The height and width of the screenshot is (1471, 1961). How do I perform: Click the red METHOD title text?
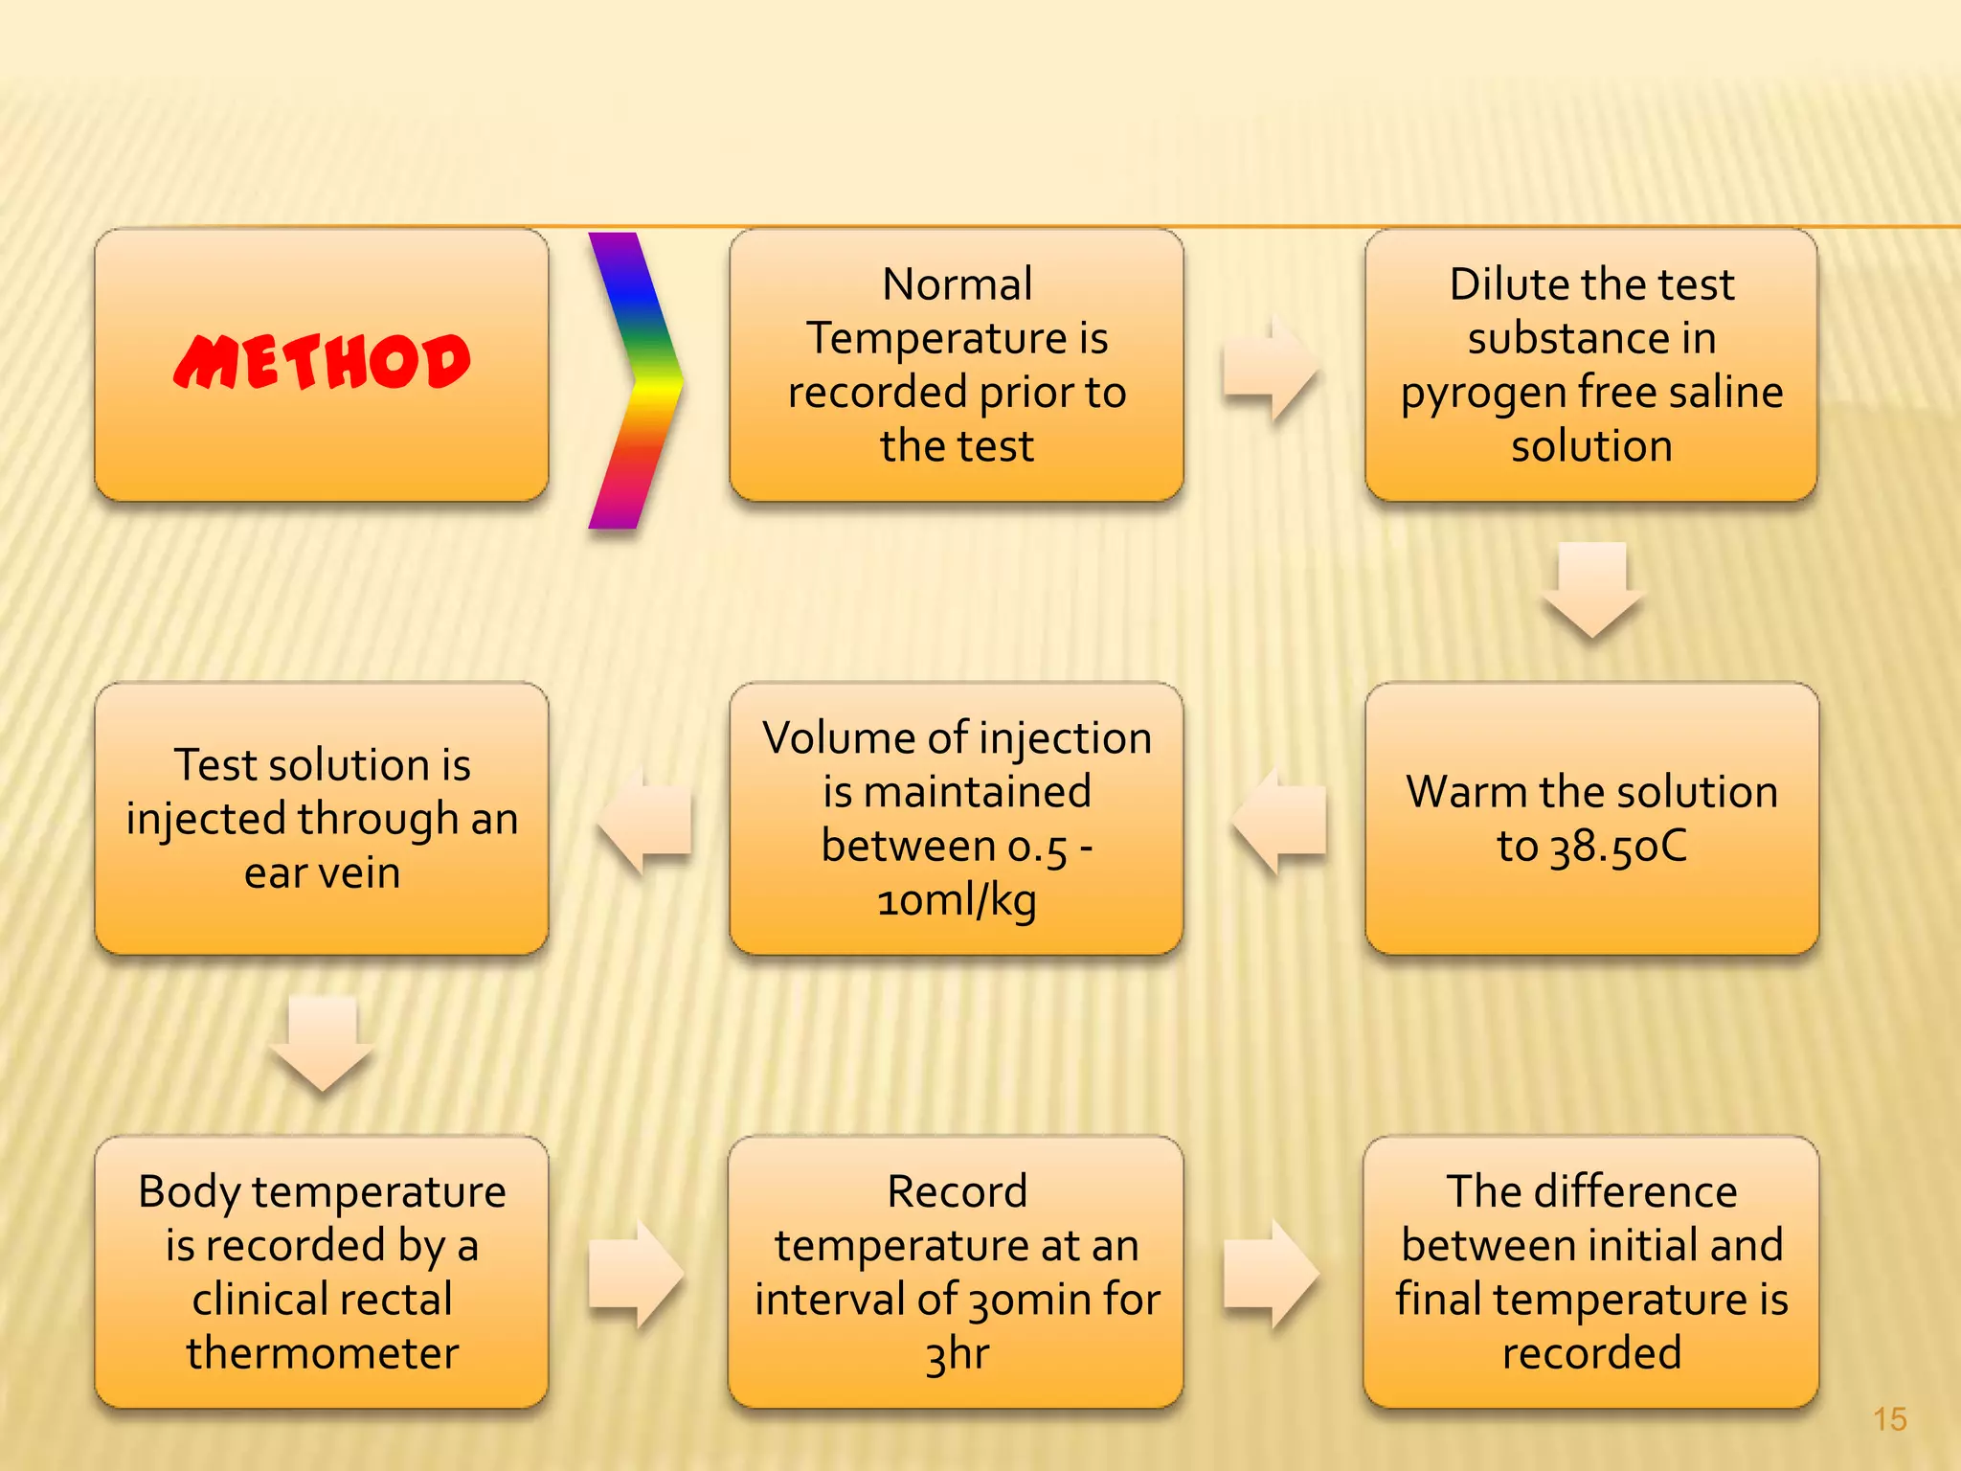pyautogui.click(x=322, y=362)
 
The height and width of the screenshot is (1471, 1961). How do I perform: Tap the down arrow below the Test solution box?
pyautogui.click(x=322, y=1043)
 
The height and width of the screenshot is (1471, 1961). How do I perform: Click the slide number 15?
pyautogui.click(x=1889, y=1419)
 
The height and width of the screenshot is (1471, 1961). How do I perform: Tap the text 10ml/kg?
pyautogui.click(x=957, y=901)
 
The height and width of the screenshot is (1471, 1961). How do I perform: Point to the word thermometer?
pyautogui.click(x=323, y=1353)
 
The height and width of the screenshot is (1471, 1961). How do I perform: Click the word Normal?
pyautogui.click(x=957, y=284)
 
